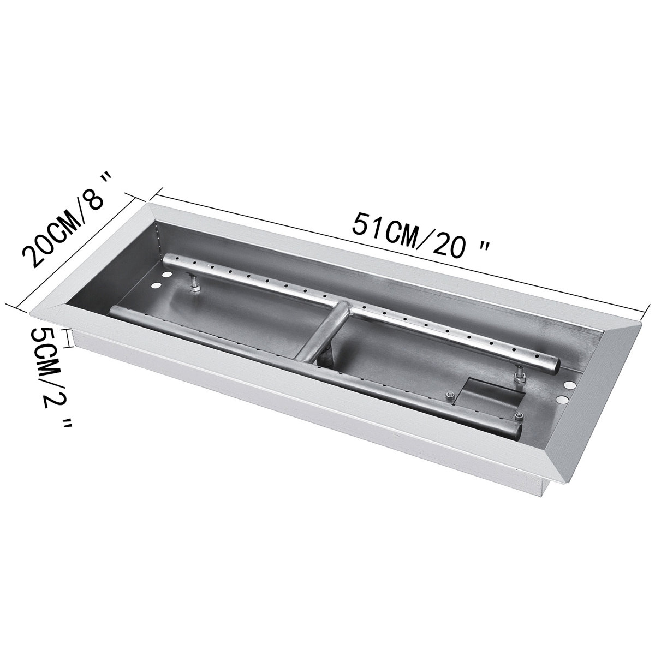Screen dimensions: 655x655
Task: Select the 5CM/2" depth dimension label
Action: tap(52, 377)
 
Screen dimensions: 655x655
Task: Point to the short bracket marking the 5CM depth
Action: tap(69, 338)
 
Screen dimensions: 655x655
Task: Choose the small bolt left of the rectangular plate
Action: tap(449, 397)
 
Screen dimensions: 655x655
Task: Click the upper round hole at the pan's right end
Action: tap(569, 385)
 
